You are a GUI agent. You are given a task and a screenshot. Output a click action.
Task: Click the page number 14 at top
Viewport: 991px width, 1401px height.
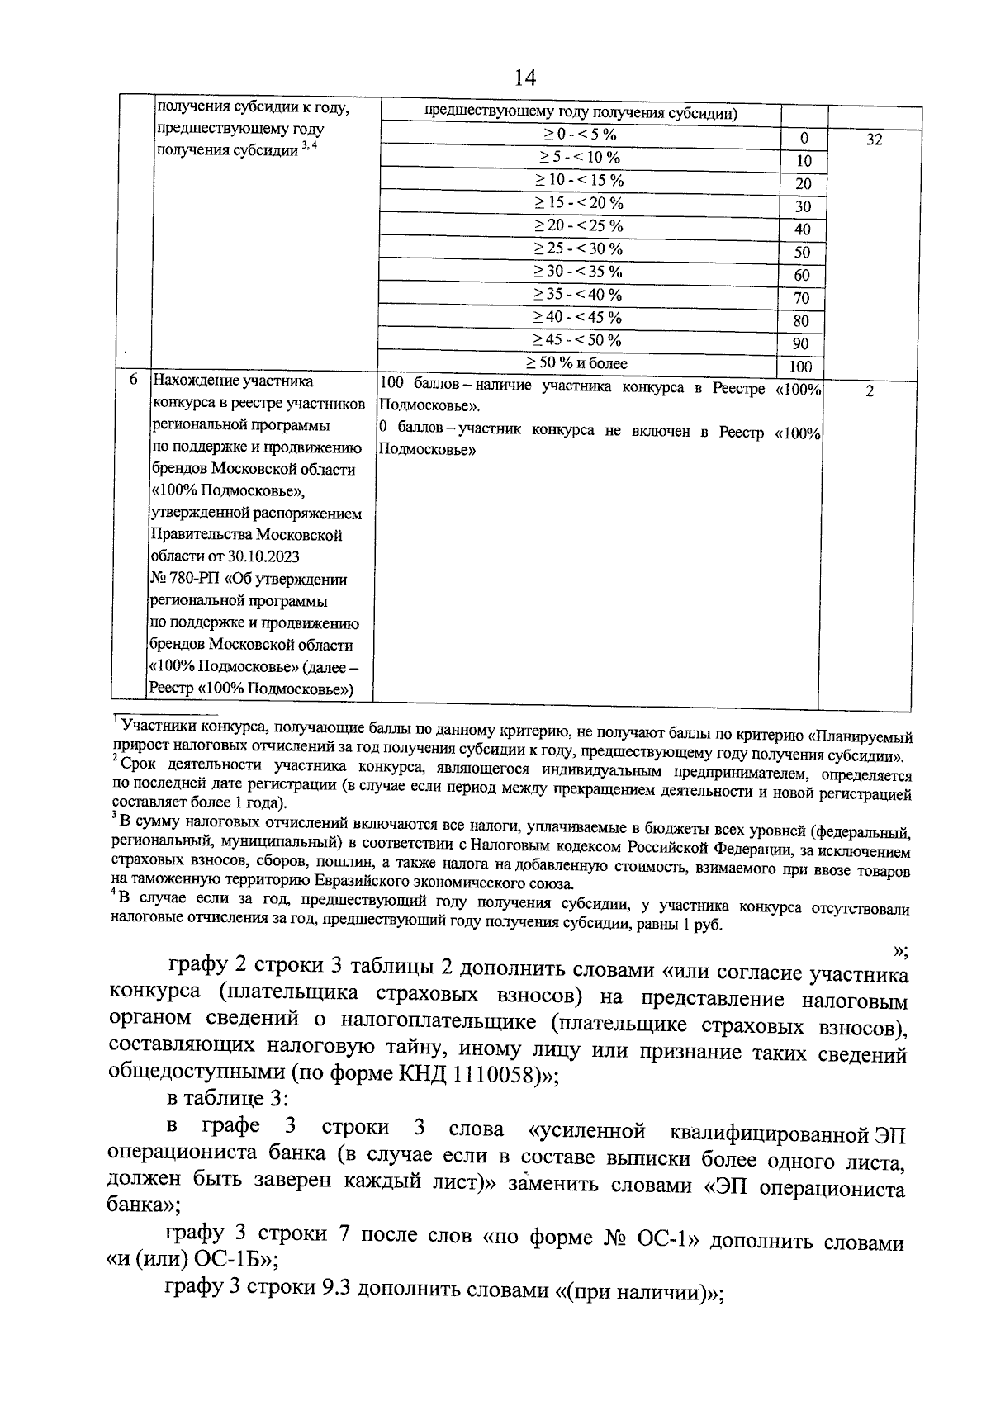524,78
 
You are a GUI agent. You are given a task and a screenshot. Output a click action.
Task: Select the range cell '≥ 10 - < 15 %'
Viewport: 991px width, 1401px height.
579,181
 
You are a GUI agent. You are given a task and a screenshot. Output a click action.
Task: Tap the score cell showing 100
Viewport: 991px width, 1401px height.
800,367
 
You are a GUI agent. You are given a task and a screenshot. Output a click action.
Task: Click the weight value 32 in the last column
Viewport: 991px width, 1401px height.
874,140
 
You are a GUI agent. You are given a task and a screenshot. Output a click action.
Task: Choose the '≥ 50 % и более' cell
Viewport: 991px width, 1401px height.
577,363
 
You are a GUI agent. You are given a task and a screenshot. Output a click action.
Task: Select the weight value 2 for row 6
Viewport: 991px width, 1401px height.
870,392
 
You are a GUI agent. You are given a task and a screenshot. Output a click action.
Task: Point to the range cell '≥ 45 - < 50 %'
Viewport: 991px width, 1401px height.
577,340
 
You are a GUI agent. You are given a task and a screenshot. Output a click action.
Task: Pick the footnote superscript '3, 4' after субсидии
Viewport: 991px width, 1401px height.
309,145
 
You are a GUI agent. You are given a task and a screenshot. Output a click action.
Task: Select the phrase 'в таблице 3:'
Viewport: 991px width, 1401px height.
228,1099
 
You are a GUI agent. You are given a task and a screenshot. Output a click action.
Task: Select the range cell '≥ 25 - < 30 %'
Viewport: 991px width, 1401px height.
577,249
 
